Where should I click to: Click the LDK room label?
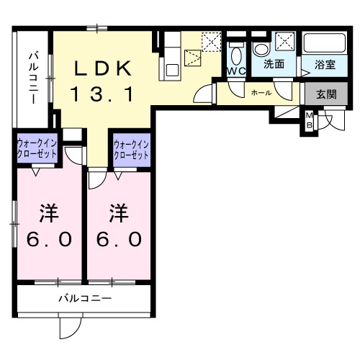[x=104, y=68]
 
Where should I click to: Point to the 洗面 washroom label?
[x=273, y=65]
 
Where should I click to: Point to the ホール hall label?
[x=261, y=94]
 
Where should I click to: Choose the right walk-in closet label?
[x=130, y=150]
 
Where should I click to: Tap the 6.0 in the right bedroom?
[x=120, y=239]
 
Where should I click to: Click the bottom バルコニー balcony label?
[x=84, y=298]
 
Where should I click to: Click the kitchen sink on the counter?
[x=172, y=70]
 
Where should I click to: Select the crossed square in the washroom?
[x=284, y=41]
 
